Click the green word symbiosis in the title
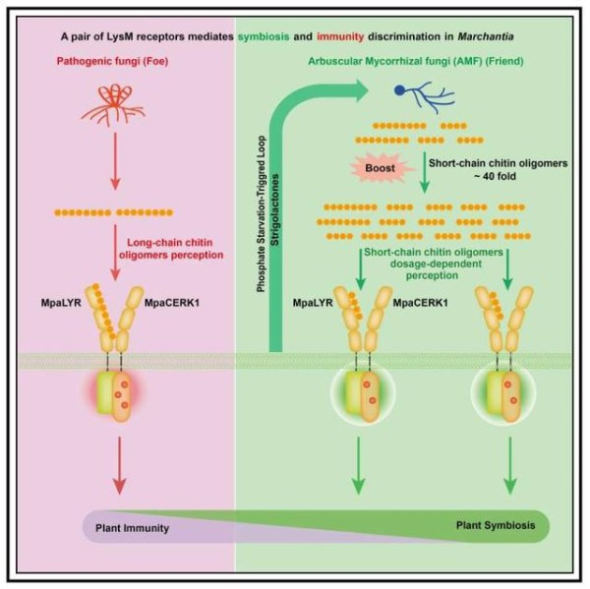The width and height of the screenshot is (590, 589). point(264,37)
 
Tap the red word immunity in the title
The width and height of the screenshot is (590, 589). point(340,37)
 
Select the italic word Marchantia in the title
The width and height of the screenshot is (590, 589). point(486,37)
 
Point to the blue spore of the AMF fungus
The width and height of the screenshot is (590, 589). point(399,90)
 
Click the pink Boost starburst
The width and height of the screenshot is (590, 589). point(381,168)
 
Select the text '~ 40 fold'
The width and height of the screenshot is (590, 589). point(495,176)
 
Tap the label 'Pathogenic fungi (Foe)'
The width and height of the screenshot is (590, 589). point(112,61)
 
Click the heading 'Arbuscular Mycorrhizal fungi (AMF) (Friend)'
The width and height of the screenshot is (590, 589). point(416,61)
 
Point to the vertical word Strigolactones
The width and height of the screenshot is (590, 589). point(275,209)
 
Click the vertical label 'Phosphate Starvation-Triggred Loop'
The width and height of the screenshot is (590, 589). point(262,214)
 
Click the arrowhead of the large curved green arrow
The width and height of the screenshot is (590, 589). point(360,90)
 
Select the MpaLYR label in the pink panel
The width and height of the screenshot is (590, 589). point(61,303)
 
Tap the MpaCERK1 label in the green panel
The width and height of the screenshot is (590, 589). point(421,303)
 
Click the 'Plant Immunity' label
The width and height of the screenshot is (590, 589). point(132,528)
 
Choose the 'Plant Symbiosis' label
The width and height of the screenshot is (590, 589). point(496,525)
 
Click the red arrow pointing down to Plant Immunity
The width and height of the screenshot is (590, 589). point(119,465)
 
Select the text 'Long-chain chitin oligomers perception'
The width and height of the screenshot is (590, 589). point(171,249)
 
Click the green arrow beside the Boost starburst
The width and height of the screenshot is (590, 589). point(425,172)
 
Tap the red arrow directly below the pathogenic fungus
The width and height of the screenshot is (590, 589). point(115,161)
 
